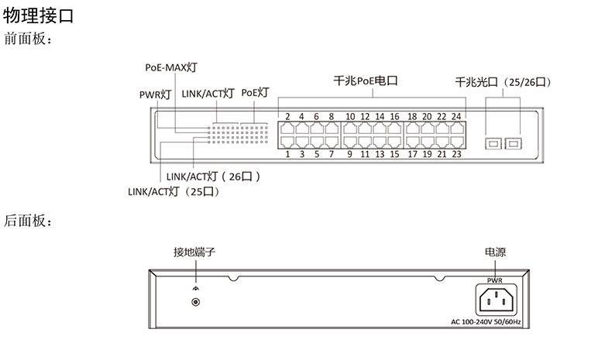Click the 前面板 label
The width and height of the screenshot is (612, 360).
pyautogui.click(x=29, y=38)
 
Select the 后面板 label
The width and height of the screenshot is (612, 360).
pyautogui.click(x=29, y=221)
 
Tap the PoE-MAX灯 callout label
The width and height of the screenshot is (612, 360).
pyautogui.click(x=171, y=67)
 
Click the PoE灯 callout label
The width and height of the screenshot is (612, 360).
pyautogui.click(x=255, y=92)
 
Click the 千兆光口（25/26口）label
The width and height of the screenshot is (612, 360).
pyautogui.click(x=507, y=81)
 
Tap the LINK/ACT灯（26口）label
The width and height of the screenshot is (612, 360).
pyautogui.click(x=213, y=177)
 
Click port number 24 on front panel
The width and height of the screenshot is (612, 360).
pyautogui.click(x=456, y=117)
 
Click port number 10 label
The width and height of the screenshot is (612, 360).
pyautogui.click(x=350, y=117)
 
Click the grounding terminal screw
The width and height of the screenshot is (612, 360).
pyautogui.click(x=196, y=303)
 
